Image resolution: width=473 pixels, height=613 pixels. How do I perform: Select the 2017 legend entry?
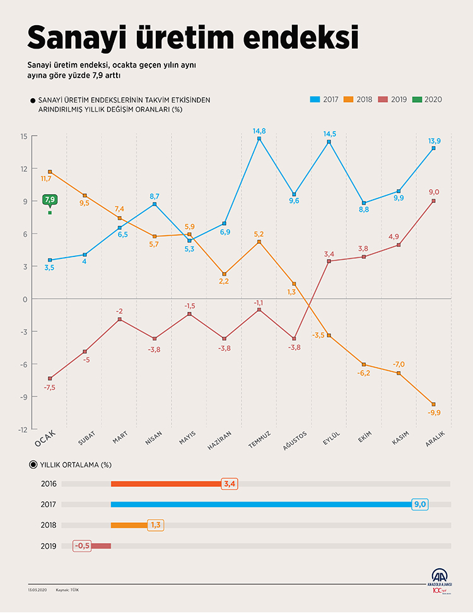(x=325, y=100)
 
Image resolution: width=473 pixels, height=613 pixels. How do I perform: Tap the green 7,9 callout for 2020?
(x=50, y=200)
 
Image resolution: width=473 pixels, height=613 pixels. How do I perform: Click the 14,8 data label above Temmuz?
(x=259, y=130)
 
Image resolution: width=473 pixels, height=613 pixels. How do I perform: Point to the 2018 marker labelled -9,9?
(x=434, y=404)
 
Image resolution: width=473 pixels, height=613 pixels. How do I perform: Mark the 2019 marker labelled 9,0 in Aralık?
(x=434, y=201)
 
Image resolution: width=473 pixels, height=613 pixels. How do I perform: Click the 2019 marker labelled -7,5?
(x=50, y=379)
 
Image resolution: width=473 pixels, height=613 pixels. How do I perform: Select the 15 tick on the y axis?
(x=23, y=136)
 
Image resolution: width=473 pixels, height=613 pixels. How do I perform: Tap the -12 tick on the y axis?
(x=23, y=429)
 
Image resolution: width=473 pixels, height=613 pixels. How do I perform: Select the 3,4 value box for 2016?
(x=230, y=484)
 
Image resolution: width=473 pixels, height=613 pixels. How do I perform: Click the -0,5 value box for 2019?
(x=82, y=546)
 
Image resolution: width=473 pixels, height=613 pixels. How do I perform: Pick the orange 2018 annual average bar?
(x=129, y=525)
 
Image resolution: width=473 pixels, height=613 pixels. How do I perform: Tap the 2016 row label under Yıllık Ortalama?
(x=49, y=484)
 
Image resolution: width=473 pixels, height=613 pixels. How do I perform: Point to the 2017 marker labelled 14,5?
(x=329, y=142)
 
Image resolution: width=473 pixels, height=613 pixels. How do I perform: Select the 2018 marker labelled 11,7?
(x=50, y=172)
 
